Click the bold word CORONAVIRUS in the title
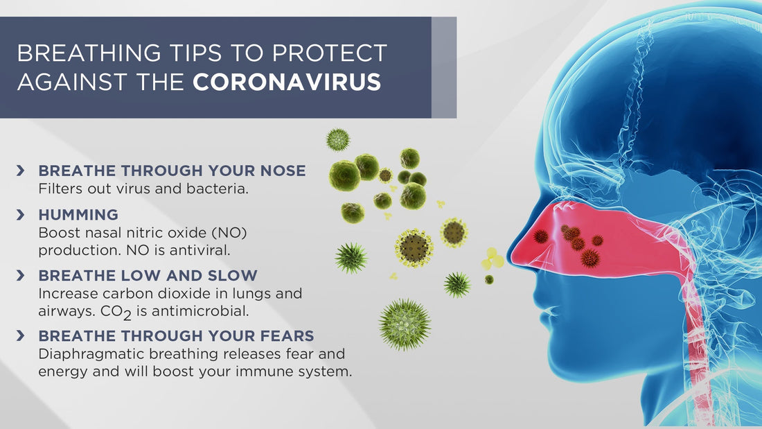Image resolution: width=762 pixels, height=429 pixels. [x=287, y=82]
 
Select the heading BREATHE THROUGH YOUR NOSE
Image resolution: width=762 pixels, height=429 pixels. [x=172, y=170]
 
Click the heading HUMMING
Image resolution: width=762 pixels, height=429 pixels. [x=78, y=215]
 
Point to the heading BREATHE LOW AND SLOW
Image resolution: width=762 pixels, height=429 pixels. [x=148, y=276]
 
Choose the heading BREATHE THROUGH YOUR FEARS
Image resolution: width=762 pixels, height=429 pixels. [x=176, y=336]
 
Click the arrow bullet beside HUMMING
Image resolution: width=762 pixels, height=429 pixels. [x=21, y=215]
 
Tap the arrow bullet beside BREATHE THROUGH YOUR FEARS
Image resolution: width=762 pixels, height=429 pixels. [x=21, y=336]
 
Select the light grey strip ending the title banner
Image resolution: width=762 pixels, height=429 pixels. [x=444, y=67]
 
